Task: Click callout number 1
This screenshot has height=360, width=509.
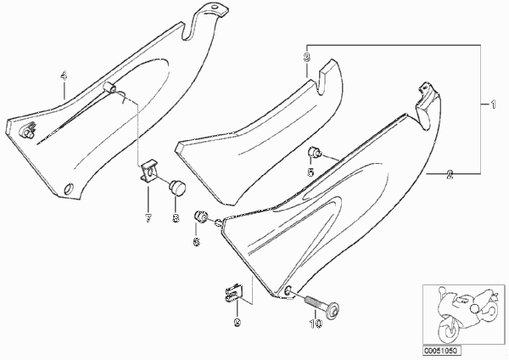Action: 493,104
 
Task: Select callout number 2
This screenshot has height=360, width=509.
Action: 450,174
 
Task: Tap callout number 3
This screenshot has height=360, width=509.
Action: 306,57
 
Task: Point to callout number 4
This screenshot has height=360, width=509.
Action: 64,76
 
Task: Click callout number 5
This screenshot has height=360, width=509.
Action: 310,172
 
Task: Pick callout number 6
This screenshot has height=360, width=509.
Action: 197,241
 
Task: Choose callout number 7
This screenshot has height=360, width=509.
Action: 148,218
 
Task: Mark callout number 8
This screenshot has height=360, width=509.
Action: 176,218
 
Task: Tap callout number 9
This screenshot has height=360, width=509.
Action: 238,323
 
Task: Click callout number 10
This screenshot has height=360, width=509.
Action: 316,323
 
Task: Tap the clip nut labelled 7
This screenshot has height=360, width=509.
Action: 148,172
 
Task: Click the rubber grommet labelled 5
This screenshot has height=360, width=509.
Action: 314,151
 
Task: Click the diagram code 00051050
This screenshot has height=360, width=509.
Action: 441,351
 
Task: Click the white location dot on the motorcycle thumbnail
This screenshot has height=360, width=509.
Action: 474,309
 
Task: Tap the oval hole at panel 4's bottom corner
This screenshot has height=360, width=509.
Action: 70,188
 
